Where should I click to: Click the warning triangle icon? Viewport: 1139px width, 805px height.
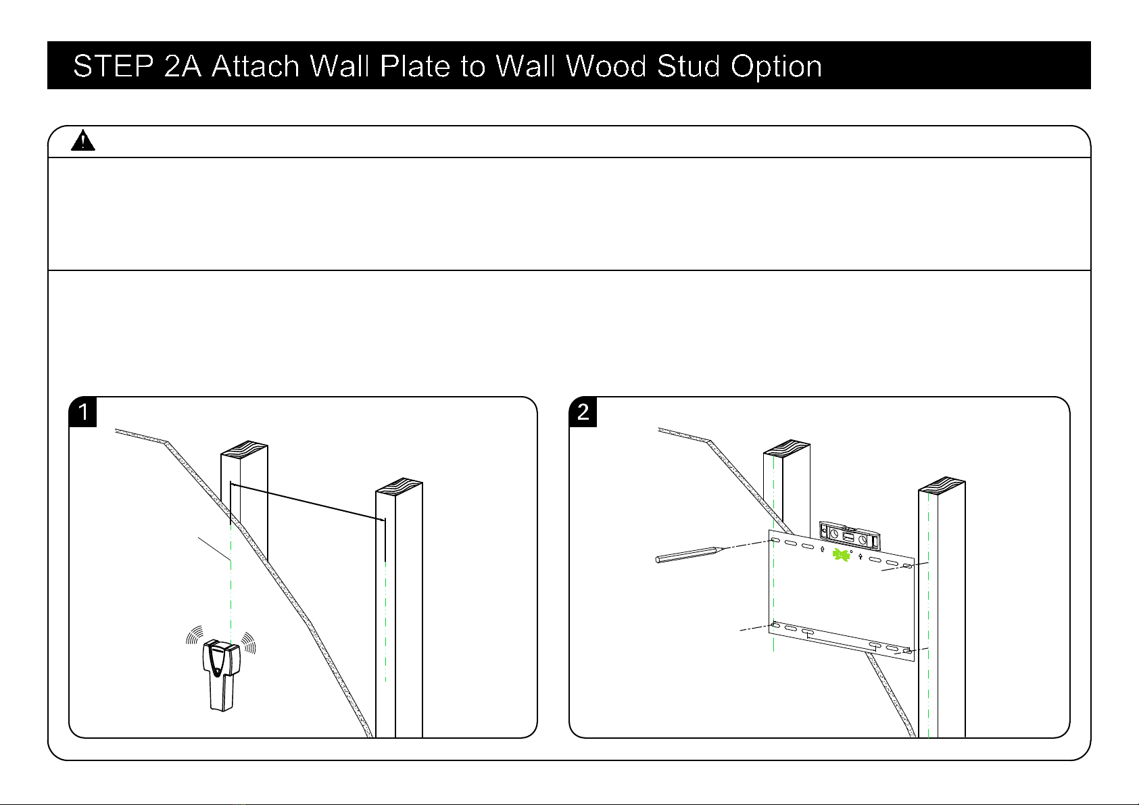[x=82, y=141]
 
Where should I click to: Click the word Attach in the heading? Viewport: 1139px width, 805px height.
[x=256, y=67]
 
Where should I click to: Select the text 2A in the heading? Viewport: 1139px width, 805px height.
[x=183, y=67]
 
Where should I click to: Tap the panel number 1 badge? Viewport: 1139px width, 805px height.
[x=83, y=412]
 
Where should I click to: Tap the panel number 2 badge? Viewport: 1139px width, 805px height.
[x=583, y=412]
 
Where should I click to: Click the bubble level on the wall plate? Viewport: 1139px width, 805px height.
[x=850, y=535]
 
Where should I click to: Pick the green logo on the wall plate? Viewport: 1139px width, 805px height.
[x=841, y=555]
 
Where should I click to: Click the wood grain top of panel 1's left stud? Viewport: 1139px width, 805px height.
[x=244, y=449]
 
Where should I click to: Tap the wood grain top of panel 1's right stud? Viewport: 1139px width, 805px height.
[x=399, y=487]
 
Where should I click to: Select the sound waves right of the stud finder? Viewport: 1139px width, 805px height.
[x=248, y=642]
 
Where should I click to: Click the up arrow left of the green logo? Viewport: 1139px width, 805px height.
[x=822, y=550]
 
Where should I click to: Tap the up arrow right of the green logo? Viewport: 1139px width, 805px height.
[x=860, y=558]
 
